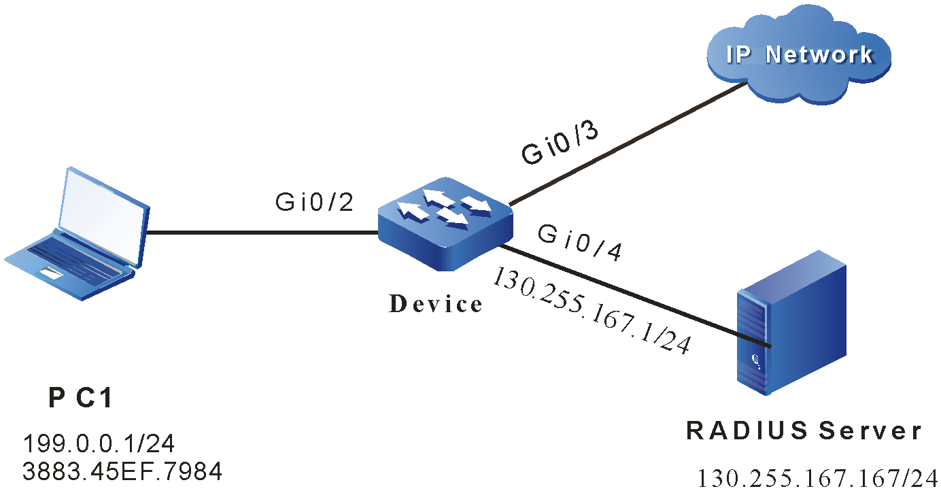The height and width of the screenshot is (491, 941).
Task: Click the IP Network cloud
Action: coord(799,54)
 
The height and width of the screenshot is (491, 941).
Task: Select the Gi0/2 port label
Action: coord(314,202)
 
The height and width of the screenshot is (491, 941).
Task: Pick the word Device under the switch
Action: coord(436,304)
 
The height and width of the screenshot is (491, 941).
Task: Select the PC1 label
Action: coord(80,399)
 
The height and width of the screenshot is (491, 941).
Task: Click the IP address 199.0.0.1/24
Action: coord(99,444)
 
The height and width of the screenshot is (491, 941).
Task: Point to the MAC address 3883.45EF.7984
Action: coord(122,471)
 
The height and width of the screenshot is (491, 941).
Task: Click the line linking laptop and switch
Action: coord(262,233)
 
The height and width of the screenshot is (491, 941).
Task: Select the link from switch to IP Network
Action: coord(626,143)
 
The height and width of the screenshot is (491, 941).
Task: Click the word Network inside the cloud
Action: coord(819,54)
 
